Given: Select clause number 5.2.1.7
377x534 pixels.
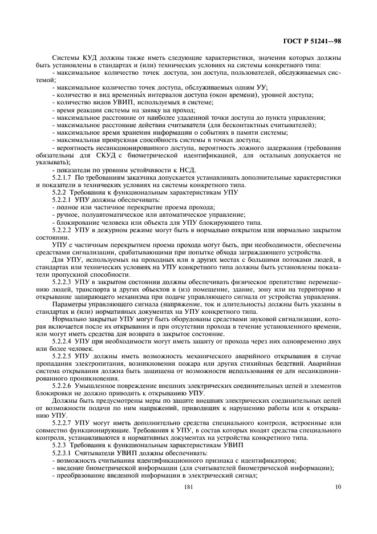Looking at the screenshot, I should pyautogui.click(x=63, y=177).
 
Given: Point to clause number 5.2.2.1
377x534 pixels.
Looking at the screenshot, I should pyautogui.click(x=63, y=200).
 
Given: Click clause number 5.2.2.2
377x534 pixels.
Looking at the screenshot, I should pyautogui.click(x=63, y=229).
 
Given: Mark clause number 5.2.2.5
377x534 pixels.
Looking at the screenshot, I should pyautogui.click(x=63, y=355).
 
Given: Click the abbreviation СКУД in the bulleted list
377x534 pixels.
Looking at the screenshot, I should pyautogui.click(x=115, y=155).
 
